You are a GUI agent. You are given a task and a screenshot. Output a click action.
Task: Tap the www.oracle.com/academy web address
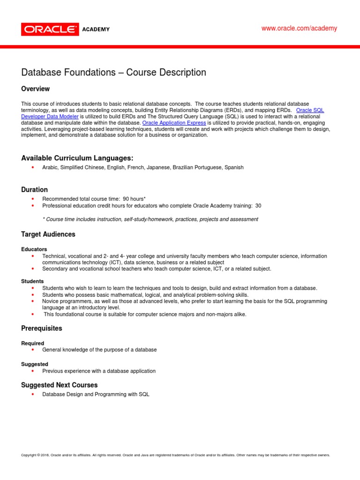(x=299, y=29)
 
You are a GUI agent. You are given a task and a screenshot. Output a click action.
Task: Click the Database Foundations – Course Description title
(x=113, y=73)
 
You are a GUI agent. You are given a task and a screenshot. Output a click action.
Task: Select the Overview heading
(x=36, y=89)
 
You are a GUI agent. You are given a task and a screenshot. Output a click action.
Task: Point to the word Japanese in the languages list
(x=158, y=167)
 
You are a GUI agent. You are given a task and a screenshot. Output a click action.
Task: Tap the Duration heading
(x=34, y=190)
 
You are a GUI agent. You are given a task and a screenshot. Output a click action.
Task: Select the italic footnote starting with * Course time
(x=150, y=219)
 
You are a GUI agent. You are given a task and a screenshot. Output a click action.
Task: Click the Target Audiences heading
(x=48, y=234)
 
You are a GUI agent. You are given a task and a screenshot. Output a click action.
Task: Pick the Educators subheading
(x=34, y=249)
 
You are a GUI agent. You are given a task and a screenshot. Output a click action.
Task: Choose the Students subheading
(x=33, y=281)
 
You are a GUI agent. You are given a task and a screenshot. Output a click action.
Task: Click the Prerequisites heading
(x=42, y=329)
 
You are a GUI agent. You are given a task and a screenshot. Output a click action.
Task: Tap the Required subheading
(x=33, y=344)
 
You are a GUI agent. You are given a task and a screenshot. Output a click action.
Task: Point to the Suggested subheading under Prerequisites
(x=35, y=364)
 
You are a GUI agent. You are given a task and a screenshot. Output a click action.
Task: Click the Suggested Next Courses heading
(x=60, y=385)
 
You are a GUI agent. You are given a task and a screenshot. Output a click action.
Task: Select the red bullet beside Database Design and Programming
(x=33, y=395)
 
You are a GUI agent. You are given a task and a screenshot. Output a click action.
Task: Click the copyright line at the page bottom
(x=176, y=455)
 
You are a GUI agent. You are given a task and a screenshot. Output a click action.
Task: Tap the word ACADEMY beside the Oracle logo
(x=96, y=30)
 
